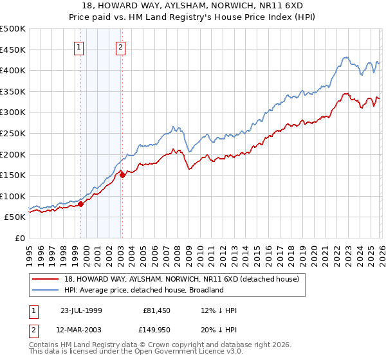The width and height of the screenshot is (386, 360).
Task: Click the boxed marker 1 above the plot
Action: point(78,46)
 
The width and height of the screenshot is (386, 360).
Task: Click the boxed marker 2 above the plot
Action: point(120,46)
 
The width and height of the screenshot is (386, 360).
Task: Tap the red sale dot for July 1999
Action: point(81,204)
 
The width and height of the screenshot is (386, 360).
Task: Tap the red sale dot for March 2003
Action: point(122,175)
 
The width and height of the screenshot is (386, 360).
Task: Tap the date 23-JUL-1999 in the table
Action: point(82,310)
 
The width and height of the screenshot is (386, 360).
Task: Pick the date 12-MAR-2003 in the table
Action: point(82,330)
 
